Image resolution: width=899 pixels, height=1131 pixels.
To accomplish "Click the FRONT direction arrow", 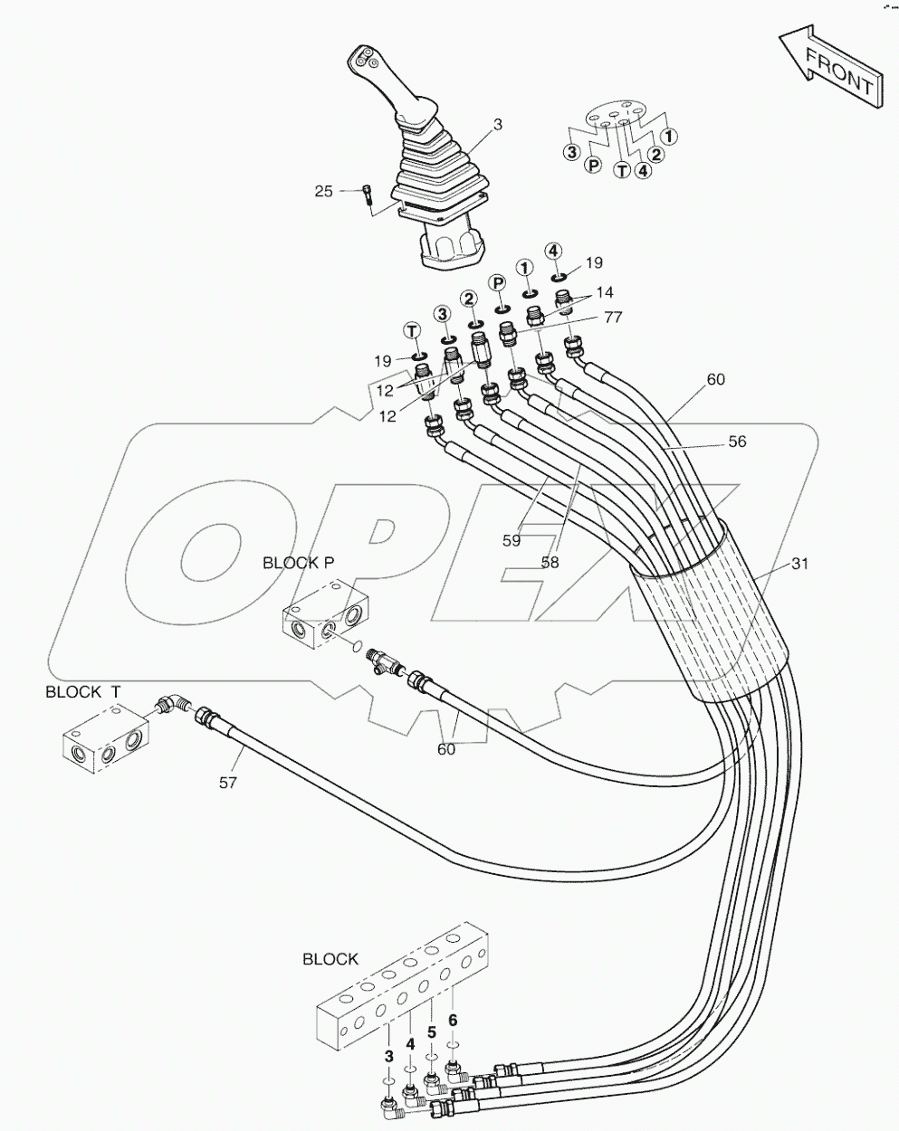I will click(830, 70).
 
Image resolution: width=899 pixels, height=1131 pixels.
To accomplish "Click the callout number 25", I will click(324, 191).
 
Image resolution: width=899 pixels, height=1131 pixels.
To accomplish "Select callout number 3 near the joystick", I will click(498, 124).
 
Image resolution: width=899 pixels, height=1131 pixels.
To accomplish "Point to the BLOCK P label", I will click(298, 562).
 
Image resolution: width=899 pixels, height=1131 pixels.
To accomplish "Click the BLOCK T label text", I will click(83, 692).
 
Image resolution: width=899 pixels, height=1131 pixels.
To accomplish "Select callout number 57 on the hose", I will click(228, 783).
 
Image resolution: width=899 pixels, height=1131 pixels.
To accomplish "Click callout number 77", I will click(613, 318).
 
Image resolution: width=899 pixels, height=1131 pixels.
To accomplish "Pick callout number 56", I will click(738, 442).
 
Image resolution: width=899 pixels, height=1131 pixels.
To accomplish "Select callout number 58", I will click(550, 561).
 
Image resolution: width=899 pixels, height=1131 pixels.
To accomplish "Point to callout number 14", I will click(604, 292).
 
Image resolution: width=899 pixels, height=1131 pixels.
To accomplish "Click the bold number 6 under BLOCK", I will click(453, 1020).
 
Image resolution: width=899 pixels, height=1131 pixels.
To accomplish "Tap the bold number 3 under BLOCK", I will click(389, 1056).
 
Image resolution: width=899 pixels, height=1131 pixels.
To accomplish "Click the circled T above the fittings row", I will click(412, 330).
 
